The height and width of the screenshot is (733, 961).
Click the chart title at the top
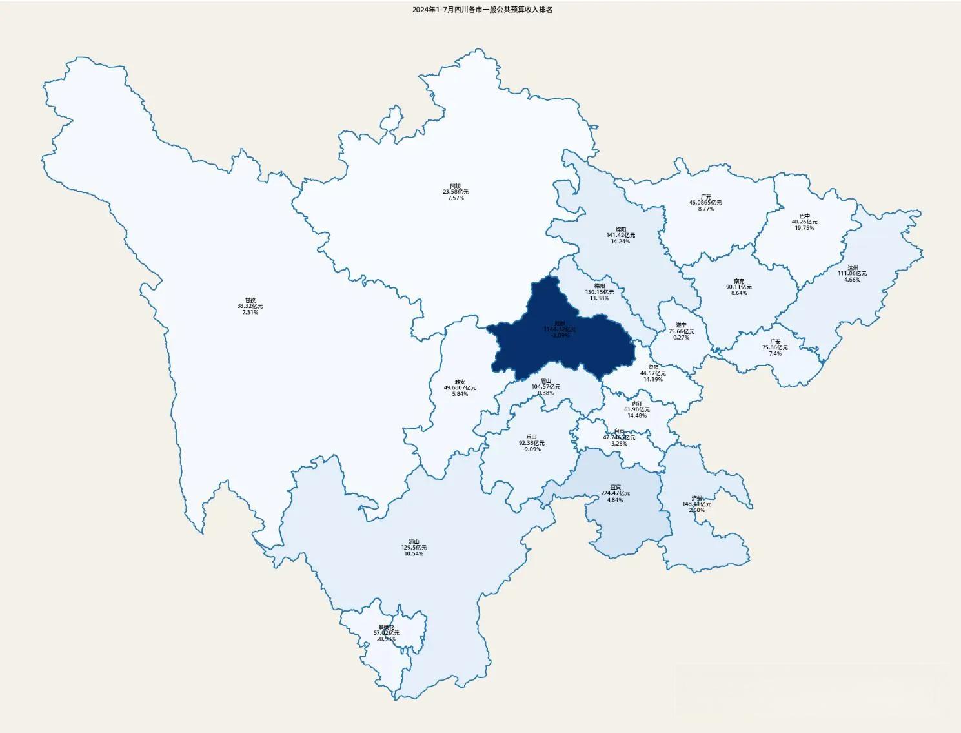click(482, 10)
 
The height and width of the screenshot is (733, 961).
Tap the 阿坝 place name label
click(456, 186)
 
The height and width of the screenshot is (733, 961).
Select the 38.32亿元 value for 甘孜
click(250, 306)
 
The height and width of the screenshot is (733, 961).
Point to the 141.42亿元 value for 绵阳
click(620, 235)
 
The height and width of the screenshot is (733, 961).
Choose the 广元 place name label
click(705, 197)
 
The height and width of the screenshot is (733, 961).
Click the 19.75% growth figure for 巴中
click(804, 228)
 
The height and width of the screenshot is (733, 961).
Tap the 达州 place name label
click(853, 267)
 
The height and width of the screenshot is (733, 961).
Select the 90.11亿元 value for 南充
click(739, 287)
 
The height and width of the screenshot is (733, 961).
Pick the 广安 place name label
click(775, 342)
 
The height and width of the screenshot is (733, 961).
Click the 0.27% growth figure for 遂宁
click(681, 338)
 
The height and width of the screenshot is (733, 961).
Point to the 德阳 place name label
click(600, 285)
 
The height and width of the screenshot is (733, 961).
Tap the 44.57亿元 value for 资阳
click(653, 373)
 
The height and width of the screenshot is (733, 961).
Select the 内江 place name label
click(637, 404)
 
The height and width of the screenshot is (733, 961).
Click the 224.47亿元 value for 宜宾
click(615, 493)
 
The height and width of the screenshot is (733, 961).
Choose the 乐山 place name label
click(531, 437)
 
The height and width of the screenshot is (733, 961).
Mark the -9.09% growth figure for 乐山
click(531, 449)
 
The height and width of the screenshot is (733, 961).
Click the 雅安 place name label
click(460, 382)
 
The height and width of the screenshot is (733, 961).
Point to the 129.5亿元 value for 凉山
click(414, 548)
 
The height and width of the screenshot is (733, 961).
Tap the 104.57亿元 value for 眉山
click(546, 387)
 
